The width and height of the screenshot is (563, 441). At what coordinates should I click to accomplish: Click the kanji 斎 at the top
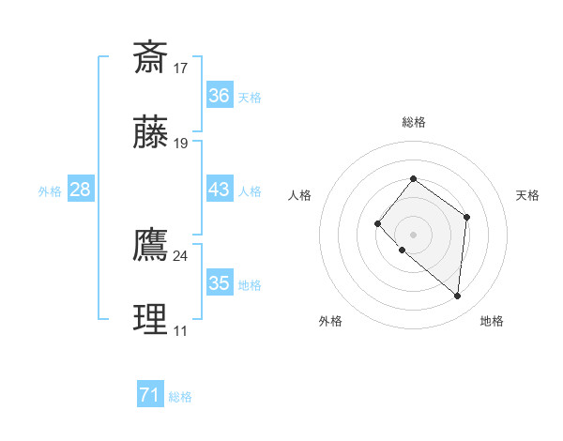pyautogui.click(x=151, y=57)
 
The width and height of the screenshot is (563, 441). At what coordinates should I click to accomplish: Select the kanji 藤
pyautogui.click(x=151, y=132)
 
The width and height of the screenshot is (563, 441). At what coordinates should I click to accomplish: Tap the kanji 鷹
pyautogui.click(x=151, y=244)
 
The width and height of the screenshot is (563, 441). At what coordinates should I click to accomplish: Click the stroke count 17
pyautogui.click(x=181, y=68)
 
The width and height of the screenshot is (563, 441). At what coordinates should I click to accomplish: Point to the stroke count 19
pyautogui.click(x=181, y=144)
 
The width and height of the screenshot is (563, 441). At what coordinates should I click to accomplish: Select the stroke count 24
pyautogui.click(x=181, y=255)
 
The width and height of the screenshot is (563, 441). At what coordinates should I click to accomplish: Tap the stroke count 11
pyautogui.click(x=181, y=330)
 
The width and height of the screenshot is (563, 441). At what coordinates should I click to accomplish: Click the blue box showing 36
pyautogui.click(x=219, y=96)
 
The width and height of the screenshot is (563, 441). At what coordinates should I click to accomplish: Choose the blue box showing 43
pyautogui.click(x=219, y=190)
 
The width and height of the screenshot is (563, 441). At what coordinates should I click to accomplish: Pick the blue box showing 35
pyautogui.click(x=219, y=283)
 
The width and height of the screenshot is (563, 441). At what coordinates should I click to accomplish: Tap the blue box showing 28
pyautogui.click(x=81, y=190)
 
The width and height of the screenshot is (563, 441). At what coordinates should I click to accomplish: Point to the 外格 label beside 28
pyautogui.click(x=50, y=190)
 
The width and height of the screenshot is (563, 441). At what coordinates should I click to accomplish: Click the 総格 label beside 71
pyautogui.click(x=180, y=397)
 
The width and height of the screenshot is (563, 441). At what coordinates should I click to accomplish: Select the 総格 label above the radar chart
pyautogui.click(x=414, y=122)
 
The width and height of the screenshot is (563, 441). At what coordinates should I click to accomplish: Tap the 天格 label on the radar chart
pyautogui.click(x=527, y=195)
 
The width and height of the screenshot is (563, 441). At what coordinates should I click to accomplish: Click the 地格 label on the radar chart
pyautogui.click(x=492, y=321)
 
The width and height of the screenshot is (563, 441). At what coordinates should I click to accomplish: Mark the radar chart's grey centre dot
pyautogui.click(x=413, y=234)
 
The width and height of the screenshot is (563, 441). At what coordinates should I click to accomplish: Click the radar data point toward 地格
pyautogui.click(x=458, y=297)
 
